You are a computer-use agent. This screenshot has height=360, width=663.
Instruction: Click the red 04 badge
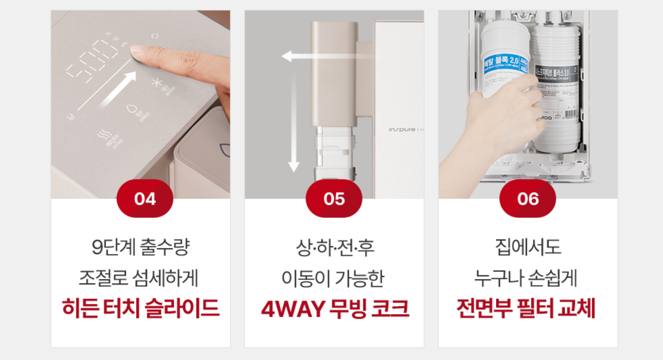point(145,198)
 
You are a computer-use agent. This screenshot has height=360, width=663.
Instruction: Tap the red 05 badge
point(334,198)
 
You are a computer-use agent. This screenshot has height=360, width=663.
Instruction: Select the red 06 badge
point(527,198)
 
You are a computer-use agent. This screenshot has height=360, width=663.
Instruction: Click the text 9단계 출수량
point(141,249)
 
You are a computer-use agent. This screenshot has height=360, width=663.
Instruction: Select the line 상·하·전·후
point(335,249)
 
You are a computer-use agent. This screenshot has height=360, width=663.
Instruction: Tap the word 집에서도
point(527,249)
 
